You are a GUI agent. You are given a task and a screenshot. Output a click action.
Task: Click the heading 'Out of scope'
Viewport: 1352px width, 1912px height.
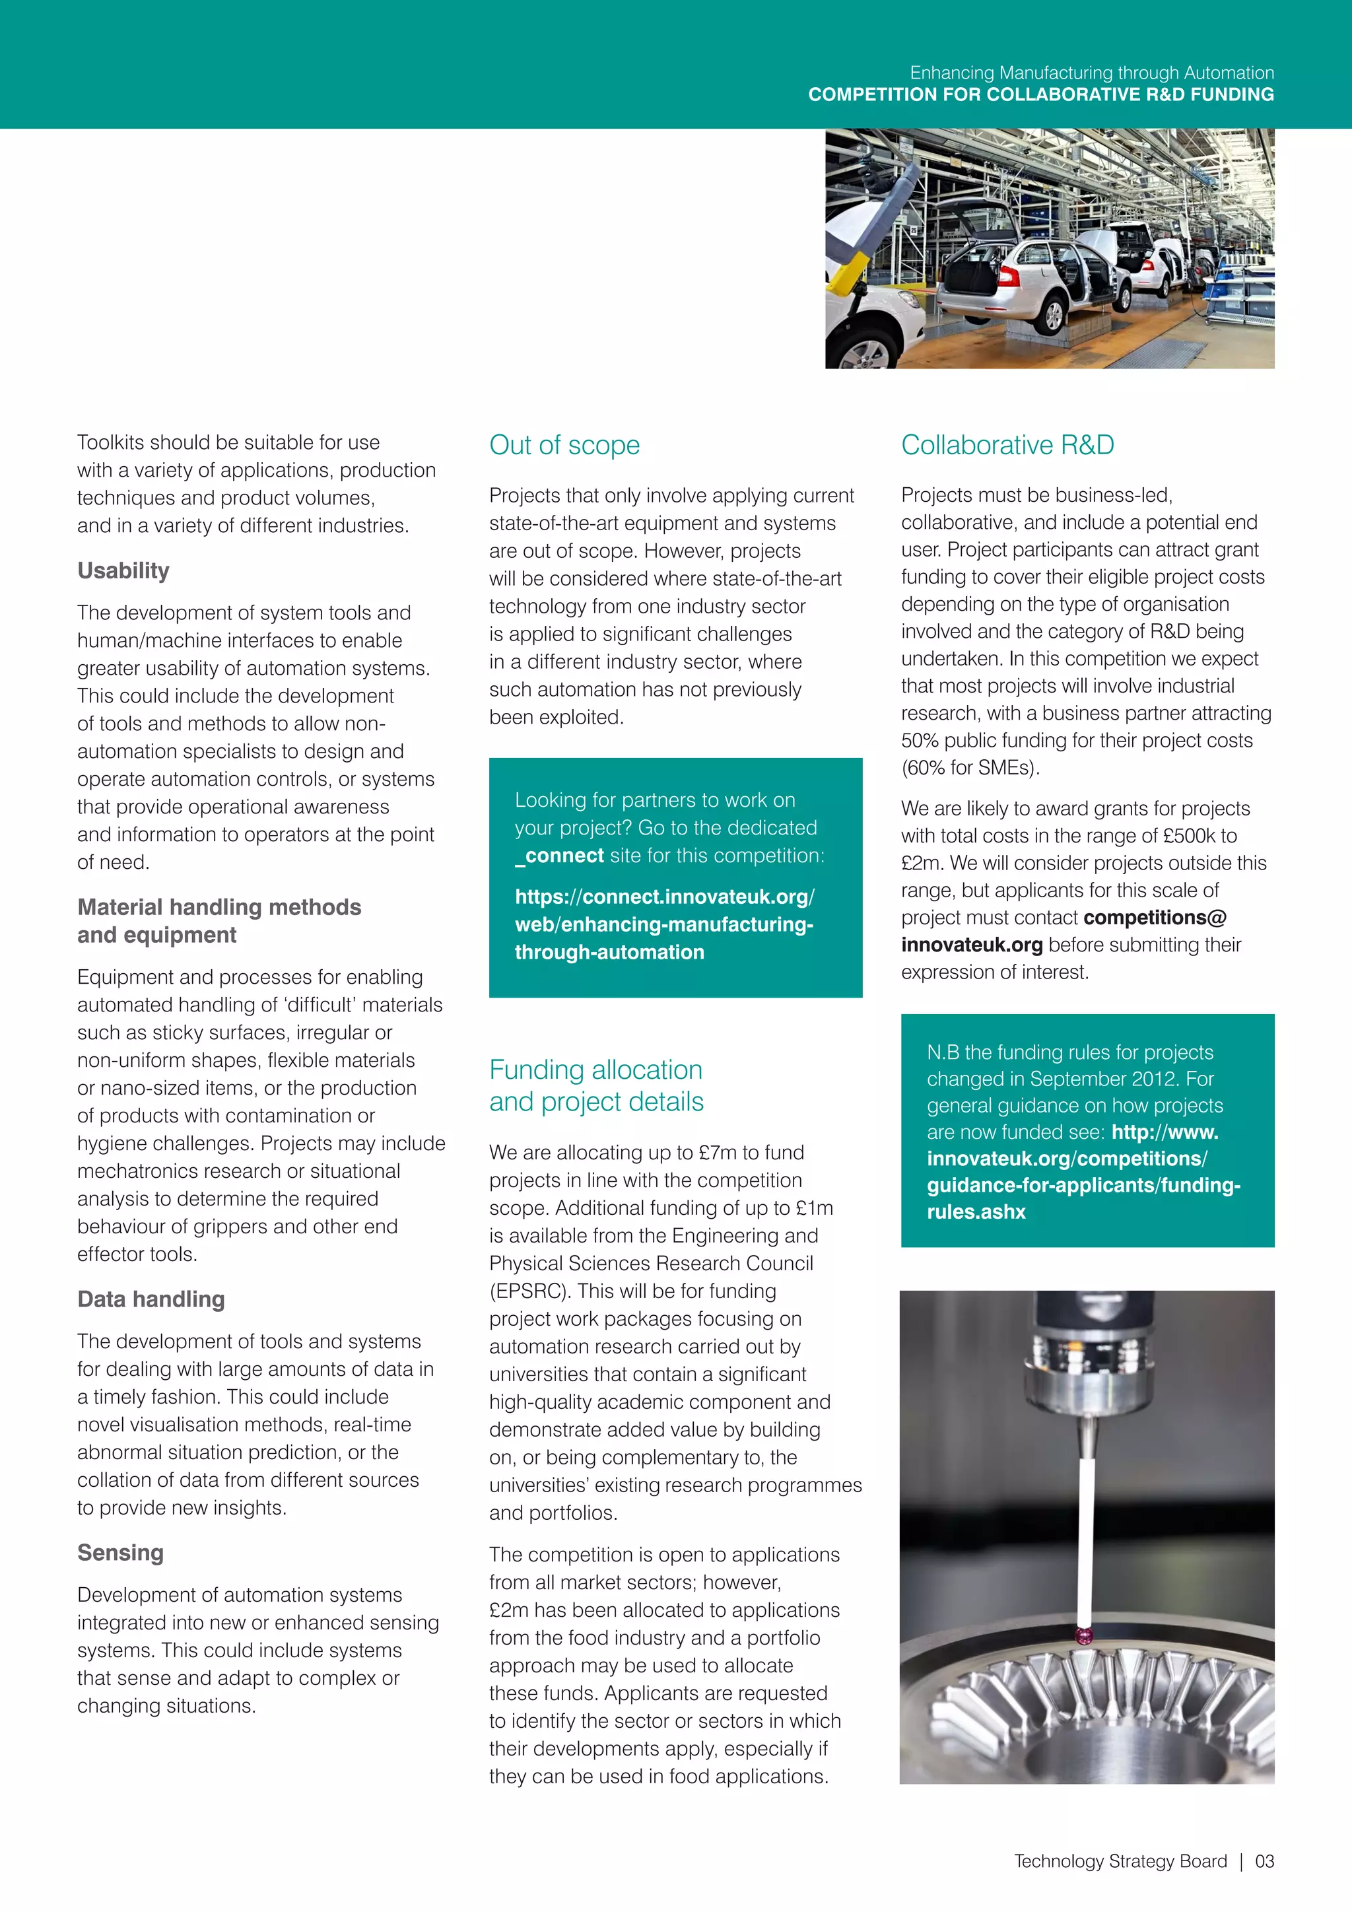[x=564, y=445]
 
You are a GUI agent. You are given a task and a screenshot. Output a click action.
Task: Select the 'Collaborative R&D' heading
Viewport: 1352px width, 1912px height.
[x=1007, y=445]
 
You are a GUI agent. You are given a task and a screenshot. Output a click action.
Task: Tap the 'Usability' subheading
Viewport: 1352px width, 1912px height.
[x=123, y=570]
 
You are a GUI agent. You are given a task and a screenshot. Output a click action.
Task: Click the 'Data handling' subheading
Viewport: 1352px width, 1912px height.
[x=151, y=1299]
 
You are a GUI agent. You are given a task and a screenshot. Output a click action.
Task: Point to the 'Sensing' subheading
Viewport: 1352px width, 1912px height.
[x=121, y=1552]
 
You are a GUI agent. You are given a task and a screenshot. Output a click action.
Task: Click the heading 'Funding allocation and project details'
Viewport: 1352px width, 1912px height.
[x=595, y=1085]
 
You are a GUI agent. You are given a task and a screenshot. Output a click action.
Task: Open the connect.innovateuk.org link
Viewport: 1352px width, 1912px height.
[x=663, y=924]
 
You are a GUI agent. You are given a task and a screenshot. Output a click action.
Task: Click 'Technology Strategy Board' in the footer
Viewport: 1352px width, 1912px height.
[x=1120, y=1861]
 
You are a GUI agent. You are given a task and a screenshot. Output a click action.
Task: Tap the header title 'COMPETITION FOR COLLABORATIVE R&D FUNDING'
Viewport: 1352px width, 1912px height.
[x=1040, y=94]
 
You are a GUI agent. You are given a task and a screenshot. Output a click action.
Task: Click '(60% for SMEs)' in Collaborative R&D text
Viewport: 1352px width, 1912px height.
[x=970, y=768]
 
